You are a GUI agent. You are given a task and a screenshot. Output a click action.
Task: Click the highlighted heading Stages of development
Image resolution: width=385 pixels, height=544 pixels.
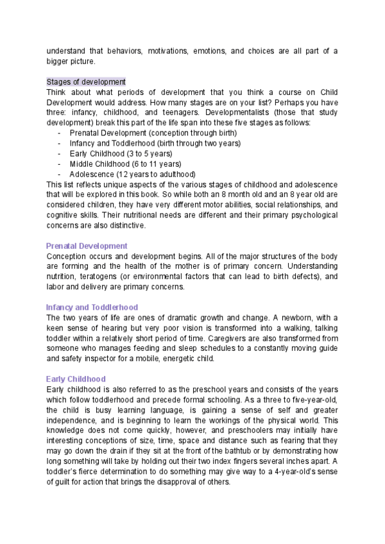pos(86,82)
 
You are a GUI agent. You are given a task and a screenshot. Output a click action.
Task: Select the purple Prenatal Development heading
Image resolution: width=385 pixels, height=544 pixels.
pos(87,246)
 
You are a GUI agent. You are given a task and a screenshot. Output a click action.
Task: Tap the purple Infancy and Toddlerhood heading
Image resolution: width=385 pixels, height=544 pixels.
pos(92,307)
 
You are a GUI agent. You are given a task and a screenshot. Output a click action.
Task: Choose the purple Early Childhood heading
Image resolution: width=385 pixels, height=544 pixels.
pos(76,379)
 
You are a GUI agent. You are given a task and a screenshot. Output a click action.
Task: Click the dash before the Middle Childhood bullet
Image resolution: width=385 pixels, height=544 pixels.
pos(59,164)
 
